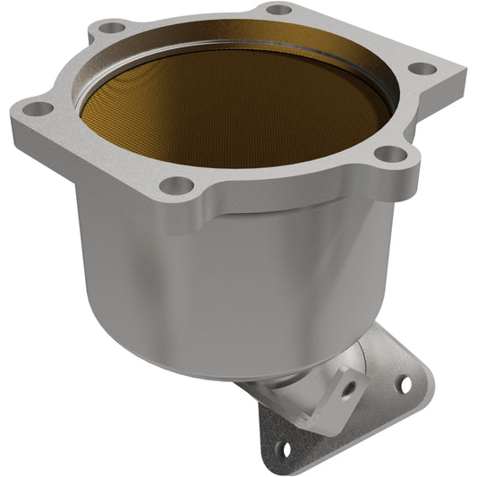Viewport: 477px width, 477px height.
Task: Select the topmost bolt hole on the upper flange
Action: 280,9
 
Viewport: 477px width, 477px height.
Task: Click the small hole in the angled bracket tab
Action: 350,386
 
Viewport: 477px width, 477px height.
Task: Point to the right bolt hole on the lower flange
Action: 401,383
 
